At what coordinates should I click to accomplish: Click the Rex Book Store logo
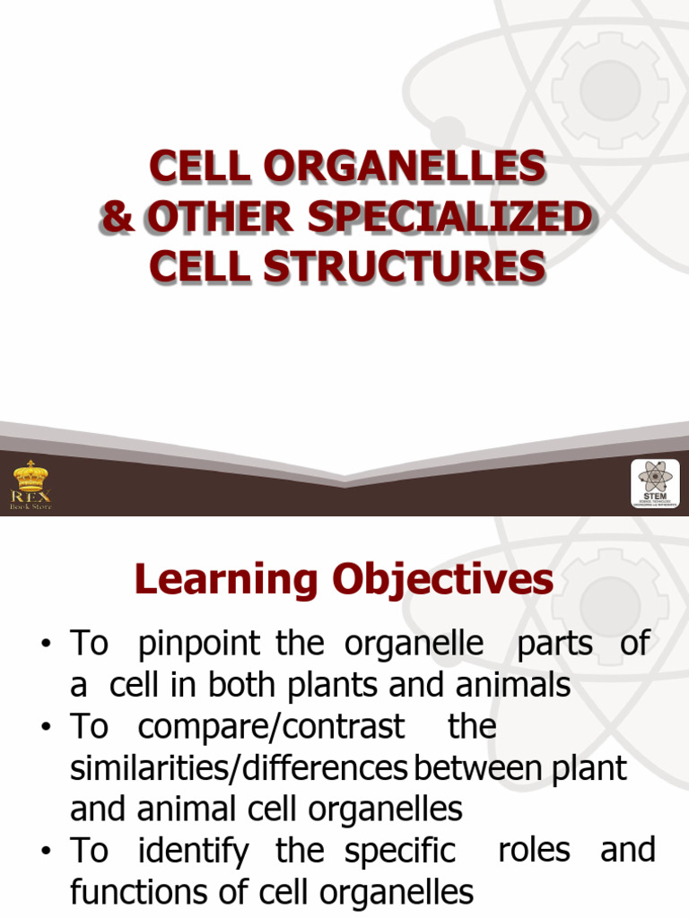[31, 485]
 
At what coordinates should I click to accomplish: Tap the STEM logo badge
[655, 484]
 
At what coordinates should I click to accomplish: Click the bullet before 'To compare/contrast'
[46, 728]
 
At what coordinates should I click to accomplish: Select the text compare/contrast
[271, 726]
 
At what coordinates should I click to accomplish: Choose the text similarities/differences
[239, 768]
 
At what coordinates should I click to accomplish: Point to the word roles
[534, 850]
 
